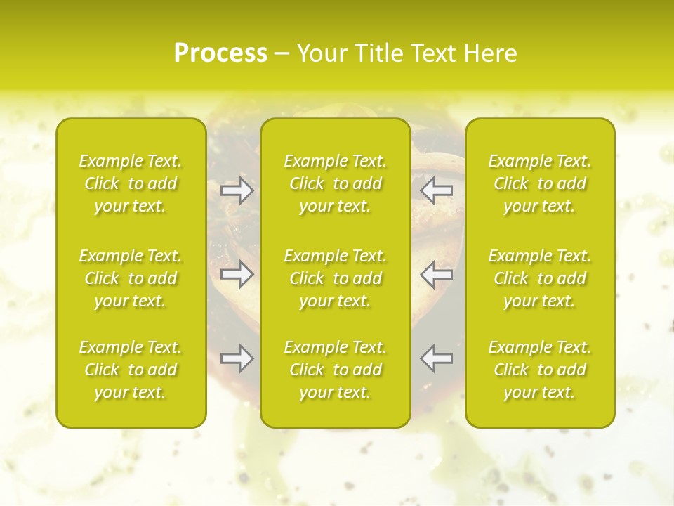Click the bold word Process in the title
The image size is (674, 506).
[x=220, y=53]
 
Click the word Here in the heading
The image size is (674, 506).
[x=489, y=53]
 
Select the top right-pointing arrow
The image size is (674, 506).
[x=237, y=191]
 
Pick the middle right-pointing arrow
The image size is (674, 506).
[x=237, y=274]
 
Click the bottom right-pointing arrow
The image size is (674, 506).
[x=237, y=358]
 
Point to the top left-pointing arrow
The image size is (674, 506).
[x=437, y=191]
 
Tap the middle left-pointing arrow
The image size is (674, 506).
[x=437, y=274]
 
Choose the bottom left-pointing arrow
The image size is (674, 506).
[x=437, y=358]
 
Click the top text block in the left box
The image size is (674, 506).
[x=131, y=183]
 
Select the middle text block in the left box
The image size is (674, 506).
[x=131, y=278]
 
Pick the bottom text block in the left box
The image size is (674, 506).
[x=131, y=370]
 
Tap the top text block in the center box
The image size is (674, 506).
[x=336, y=183]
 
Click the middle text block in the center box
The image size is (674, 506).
[x=336, y=278]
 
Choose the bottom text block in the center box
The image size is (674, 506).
[x=336, y=370]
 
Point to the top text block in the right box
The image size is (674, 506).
[x=540, y=183]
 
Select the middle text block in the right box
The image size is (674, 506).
[x=540, y=278]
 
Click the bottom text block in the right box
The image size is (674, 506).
[x=540, y=370]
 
